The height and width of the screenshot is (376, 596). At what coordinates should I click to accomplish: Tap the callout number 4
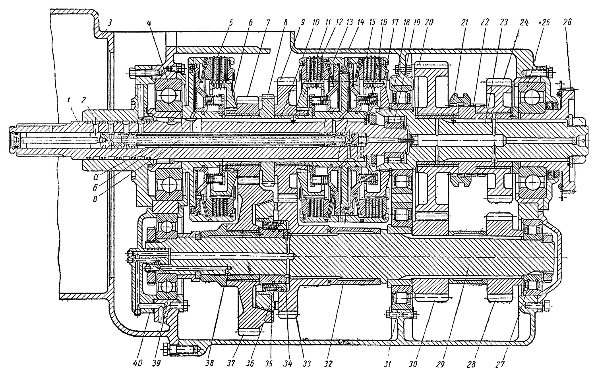(149, 23)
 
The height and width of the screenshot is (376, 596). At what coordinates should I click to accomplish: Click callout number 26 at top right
(567, 22)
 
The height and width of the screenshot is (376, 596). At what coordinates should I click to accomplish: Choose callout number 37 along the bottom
(231, 363)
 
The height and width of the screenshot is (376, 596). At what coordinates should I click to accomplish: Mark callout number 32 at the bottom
(328, 363)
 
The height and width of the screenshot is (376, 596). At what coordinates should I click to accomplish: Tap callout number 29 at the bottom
(440, 363)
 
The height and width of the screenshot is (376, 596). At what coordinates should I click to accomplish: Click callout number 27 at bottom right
(499, 363)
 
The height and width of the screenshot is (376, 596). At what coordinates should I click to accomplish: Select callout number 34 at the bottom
(288, 363)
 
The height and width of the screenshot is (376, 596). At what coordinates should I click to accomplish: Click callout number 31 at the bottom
(387, 363)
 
